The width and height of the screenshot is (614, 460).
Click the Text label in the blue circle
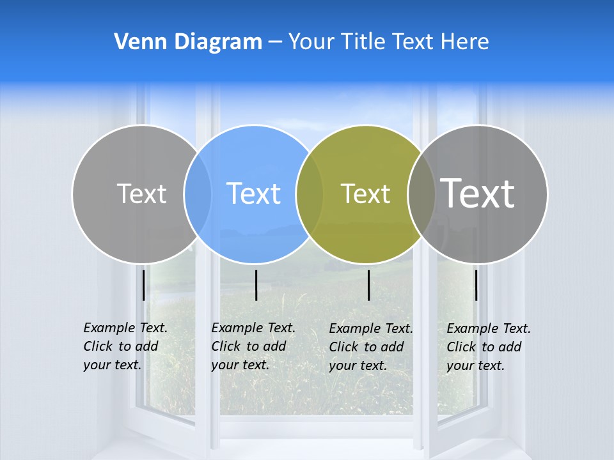pos(254,194)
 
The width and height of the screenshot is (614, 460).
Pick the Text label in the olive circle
pos(365,194)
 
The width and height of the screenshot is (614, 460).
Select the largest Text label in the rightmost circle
pos(478,193)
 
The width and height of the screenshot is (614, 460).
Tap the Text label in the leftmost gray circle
pos(141,194)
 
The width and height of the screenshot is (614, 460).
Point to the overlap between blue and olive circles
pos(310,194)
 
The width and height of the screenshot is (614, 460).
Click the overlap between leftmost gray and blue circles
pos(198,194)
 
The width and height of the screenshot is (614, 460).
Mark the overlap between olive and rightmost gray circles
pos(421,194)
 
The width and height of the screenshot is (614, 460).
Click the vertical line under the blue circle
pos(256,285)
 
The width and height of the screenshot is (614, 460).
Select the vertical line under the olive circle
pos(368,285)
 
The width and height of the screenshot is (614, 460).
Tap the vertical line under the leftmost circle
pos(143,285)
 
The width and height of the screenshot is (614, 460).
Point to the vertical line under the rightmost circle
pos(476,285)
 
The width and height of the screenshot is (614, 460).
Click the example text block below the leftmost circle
pos(125,346)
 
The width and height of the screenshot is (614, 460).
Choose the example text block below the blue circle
pos(253,346)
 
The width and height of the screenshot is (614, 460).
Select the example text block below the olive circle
pos(370,347)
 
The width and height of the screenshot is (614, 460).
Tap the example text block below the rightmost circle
pos(488,347)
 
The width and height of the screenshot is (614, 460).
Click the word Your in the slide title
pos(311,42)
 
